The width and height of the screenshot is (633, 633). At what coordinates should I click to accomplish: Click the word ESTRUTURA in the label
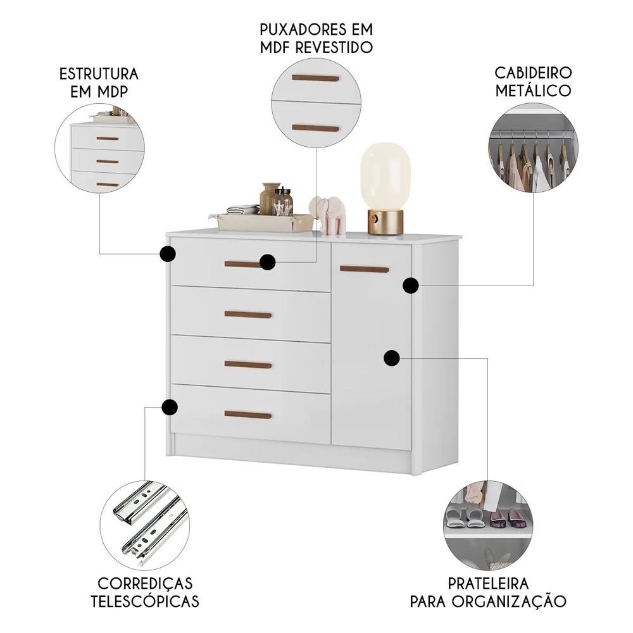click(99, 73)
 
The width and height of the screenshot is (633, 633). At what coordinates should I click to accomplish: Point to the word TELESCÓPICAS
click(145, 601)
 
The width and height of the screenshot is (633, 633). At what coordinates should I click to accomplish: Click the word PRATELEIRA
click(488, 583)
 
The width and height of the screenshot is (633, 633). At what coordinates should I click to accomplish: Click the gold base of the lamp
click(385, 222)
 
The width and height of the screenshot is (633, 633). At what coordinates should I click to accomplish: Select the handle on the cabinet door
click(365, 269)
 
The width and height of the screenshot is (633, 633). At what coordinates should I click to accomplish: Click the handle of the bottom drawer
click(248, 415)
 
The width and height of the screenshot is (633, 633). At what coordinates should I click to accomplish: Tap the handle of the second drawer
click(248, 314)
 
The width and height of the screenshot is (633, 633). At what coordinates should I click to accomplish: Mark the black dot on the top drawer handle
click(267, 262)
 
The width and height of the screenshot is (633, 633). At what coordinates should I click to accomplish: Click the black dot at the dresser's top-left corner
click(167, 254)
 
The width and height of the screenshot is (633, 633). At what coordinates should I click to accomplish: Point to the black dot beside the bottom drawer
click(169, 407)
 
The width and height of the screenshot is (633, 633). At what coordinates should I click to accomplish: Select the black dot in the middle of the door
click(392, 358)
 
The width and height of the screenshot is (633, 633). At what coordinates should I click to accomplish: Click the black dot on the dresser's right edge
click(411, 285)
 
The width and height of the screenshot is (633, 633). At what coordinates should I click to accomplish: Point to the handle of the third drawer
click(248, 365)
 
